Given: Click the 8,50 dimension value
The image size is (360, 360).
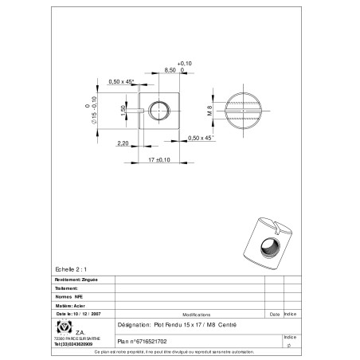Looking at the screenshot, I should pyautogui.click(x=170, y=71).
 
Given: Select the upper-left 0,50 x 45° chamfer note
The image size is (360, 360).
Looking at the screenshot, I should pyautogui.click(x=121, y=80).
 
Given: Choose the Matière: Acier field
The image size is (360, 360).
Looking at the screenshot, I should pyautogui.click(x=70, y=304).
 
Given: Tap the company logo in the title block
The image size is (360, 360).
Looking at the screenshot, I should pyautogui.click(x=62, y=327).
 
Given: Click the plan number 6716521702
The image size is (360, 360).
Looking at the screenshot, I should pyautogui.click(x=143, y=340).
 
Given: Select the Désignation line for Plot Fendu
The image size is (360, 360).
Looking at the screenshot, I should pyautogui.click(x=176, y=327).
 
